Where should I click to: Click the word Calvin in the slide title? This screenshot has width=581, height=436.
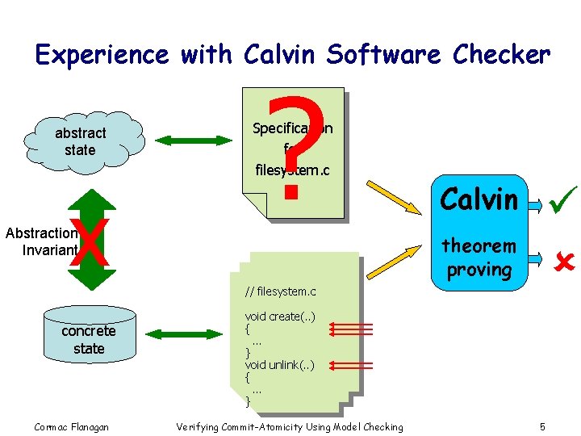pyautogui.click(x=277, y=55)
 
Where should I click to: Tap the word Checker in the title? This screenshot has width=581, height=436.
pyautogui.click(x=501, y=55)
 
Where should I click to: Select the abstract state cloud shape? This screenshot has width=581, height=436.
pyautogui.click(x=81, y=141)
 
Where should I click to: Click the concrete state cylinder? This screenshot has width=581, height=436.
pyautogui.click(x=88, y=340)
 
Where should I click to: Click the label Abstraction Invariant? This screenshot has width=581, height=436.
pyautogui.click(x=40, y=241)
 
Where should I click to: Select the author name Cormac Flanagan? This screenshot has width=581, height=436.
pyautogui.click(x=72, y=426)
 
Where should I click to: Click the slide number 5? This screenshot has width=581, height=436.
pyautogui.click(x=543, y=426)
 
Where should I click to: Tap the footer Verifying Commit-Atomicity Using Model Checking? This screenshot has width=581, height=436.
pyautogui.click(x=289, y=426)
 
